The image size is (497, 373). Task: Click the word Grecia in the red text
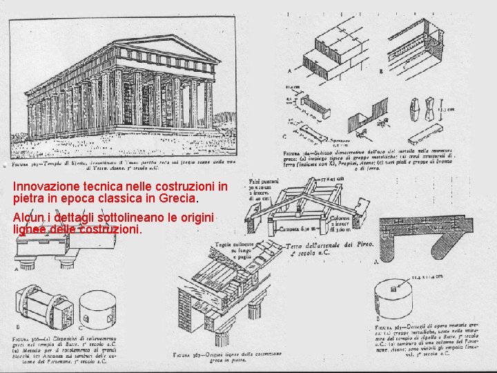coord(177,199)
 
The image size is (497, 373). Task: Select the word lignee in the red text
coord(30,229)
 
